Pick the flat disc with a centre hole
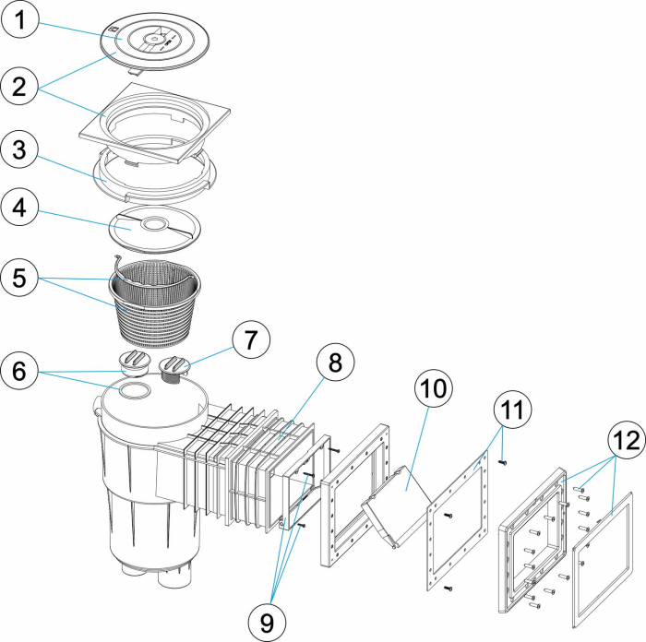152,226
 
